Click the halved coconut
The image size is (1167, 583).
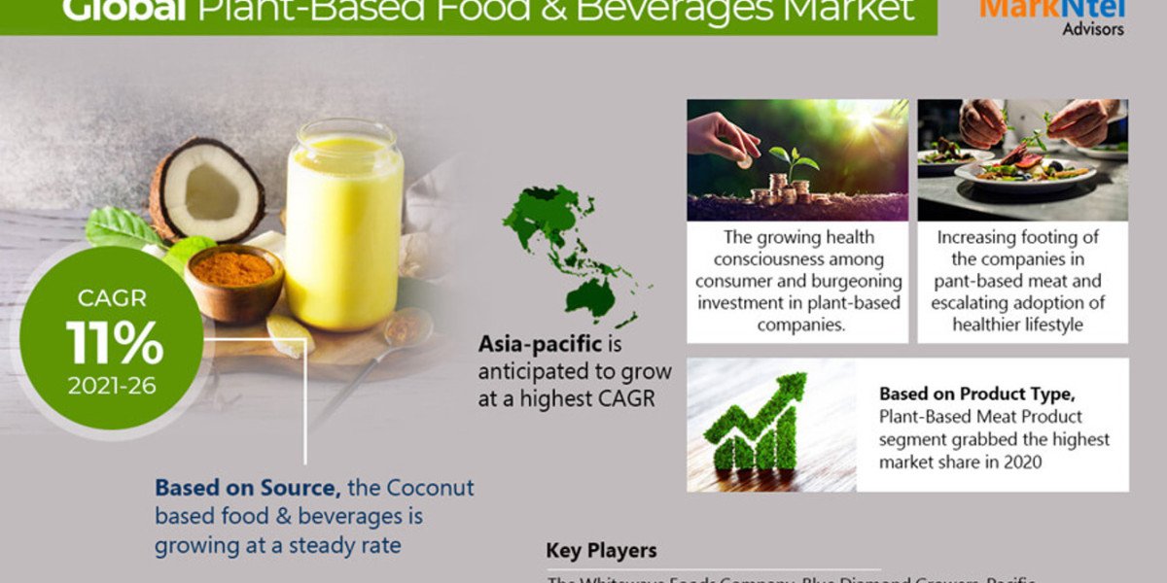point(206,189)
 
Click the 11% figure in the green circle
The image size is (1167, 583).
point(115,341)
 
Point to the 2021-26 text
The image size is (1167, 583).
point(112,386)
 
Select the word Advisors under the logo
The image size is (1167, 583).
point(1093,29)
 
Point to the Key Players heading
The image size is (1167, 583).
point(601,551)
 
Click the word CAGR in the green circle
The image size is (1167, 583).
point(113,294)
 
